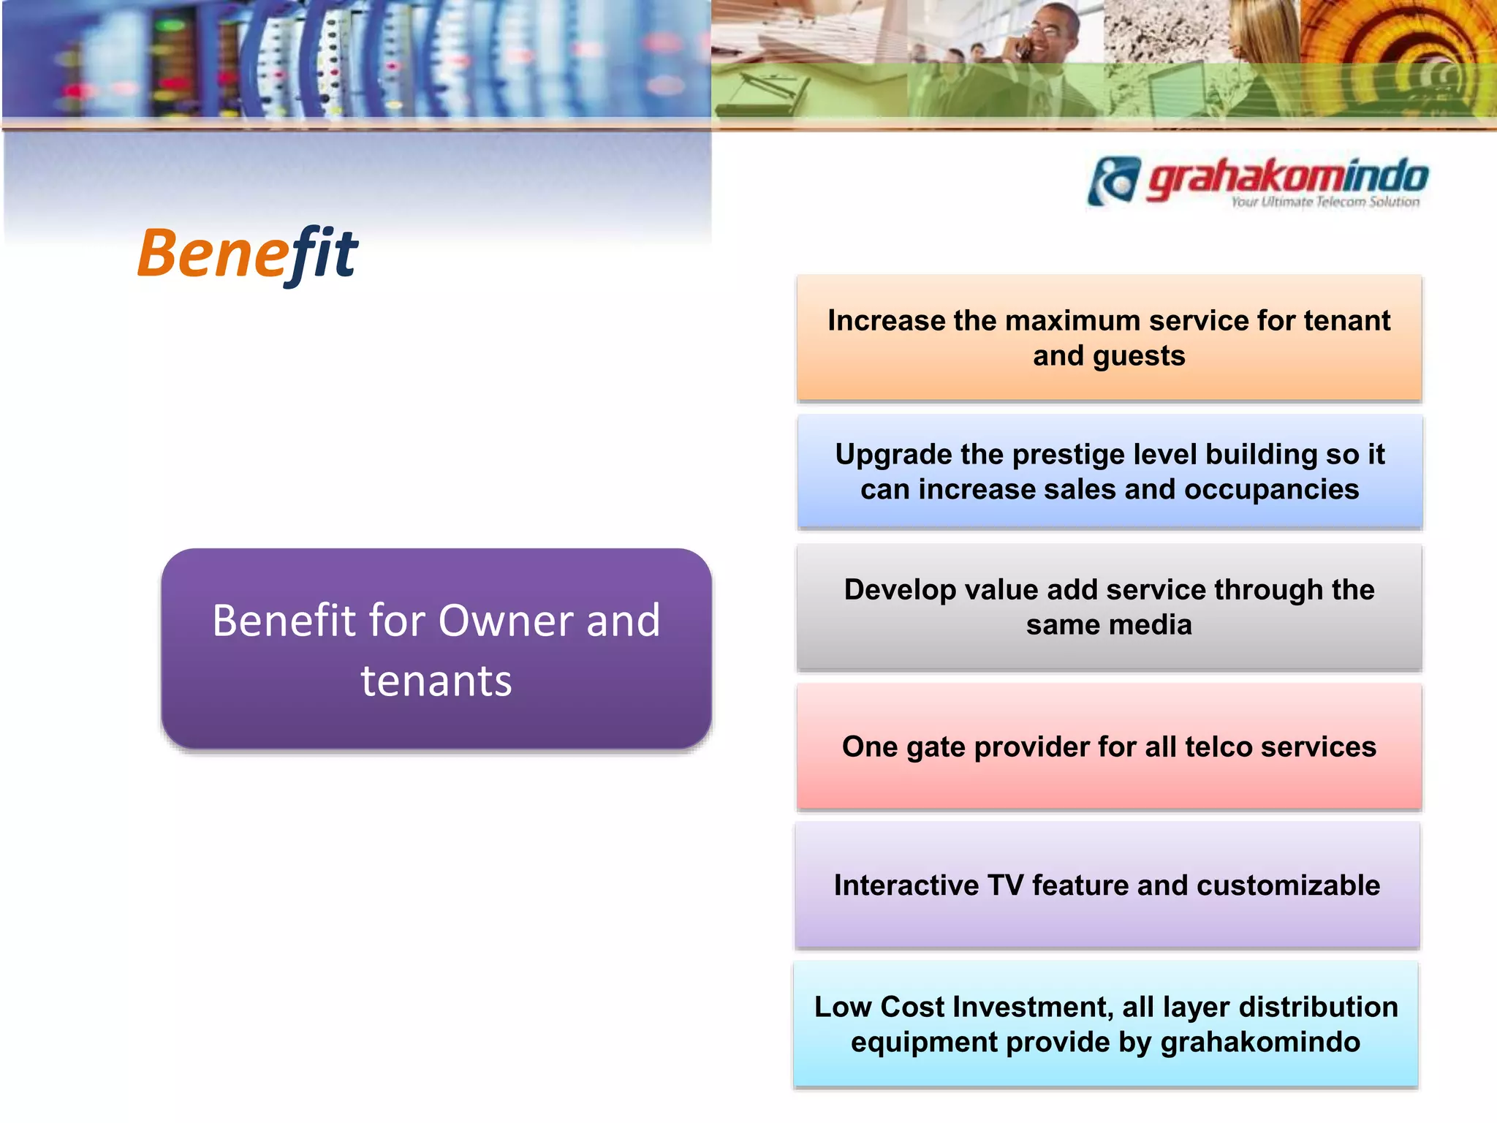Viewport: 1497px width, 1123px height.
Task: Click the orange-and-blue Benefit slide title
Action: click(247, 254)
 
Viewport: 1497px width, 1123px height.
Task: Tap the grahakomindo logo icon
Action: click(1113, 181)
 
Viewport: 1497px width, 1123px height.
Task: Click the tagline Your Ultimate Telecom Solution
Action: click(1324, 202)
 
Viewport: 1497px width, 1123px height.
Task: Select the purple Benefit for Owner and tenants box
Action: click(436, 649)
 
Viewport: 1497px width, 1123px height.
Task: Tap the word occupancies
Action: click(1271, 490)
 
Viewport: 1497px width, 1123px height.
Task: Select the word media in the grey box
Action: click(1159, 625)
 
